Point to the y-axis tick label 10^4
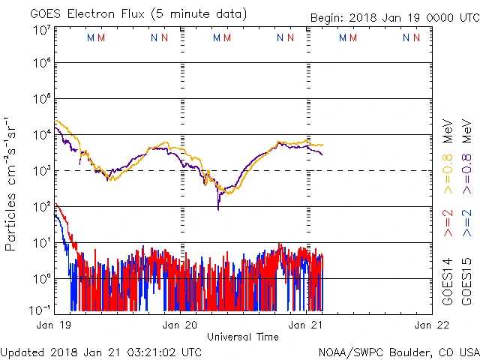[40, 136]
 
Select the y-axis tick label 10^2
[40, 208]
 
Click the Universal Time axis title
[243, 337]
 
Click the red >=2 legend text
[447, 223]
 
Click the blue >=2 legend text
[466, 223]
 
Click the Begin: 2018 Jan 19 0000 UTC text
[394, 18]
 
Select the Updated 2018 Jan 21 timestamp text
[101, 351]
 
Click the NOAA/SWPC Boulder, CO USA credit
[398, 351]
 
